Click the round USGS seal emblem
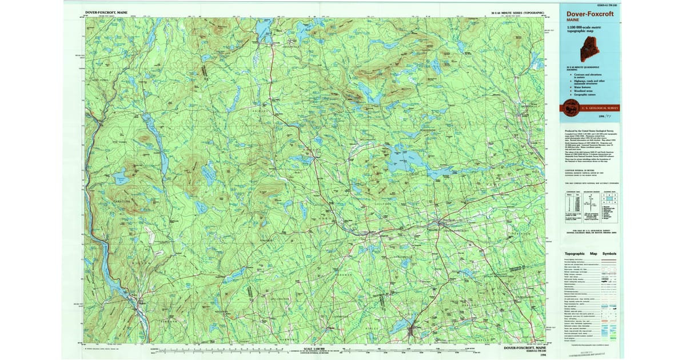tap(569, 106)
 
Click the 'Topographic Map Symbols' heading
tap(591, 253)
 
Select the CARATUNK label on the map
tap(121, 201)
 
